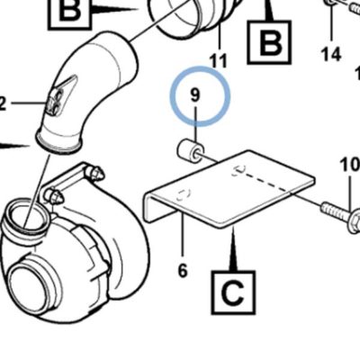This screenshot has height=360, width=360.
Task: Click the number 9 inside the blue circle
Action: coord(194,95)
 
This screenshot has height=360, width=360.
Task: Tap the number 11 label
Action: coord(219,61)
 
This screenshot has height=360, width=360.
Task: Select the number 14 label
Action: coord(331,54)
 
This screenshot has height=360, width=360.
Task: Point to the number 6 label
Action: coord(183,270)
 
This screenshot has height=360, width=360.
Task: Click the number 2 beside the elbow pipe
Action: coord(2,103)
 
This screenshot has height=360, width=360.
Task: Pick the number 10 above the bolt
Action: coord(350,165)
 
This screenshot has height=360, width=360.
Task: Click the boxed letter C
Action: coord(234,292)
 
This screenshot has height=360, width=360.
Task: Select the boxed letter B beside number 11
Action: coord(269,41)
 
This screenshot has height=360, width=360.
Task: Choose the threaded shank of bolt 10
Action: coord(336,211)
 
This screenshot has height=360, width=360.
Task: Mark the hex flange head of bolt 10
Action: coord(355,221)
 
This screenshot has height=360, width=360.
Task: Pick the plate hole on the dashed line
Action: coord(239,170)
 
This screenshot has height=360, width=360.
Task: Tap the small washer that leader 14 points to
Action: coord(331,3)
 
